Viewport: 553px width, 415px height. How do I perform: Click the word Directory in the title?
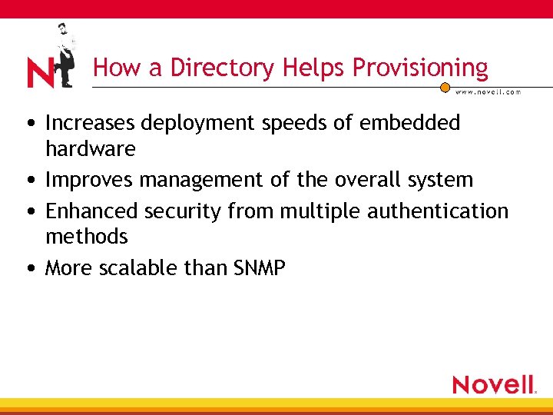(222, 68)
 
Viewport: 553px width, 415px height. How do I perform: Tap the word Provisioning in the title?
(420, 68)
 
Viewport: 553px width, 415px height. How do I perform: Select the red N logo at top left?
(40, 74)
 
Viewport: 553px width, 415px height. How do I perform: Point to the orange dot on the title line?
(445, 87)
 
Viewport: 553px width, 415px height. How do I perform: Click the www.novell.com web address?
(488, 92)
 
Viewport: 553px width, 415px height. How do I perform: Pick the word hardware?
(90, 148)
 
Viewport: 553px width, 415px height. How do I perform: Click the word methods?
(87, 236)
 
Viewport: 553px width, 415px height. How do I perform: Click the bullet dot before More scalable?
(30, 268)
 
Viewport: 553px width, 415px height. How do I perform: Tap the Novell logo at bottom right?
(493, 383)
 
